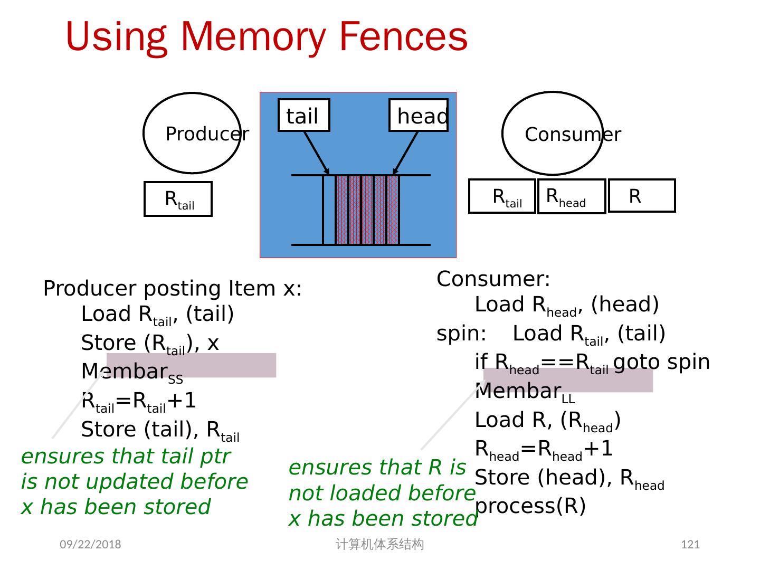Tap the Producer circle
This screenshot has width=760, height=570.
click(x=192, y=133)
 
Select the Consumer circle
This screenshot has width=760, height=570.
click(x=553, y=134)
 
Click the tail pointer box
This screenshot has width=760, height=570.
click(x=303, y=115)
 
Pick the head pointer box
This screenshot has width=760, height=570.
click(x=419, y=115)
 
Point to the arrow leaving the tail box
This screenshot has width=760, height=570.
click(x=316, y=153)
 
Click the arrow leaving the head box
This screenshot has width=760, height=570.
click(x=405, y=153)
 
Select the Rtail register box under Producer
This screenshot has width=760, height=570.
click(x=178, y=199)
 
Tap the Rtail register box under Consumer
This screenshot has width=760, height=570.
click(x=502, y=196)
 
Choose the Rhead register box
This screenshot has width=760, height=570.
click(x=571, y=196)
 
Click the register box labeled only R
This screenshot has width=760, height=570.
click(x=641, y=196)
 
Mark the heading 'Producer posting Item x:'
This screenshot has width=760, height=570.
click(x=172, y=288)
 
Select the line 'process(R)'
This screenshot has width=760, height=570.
click(x=530, y=506)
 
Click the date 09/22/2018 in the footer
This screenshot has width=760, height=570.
click(x=90, y=544)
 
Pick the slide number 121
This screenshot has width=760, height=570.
click(x=690, y=544)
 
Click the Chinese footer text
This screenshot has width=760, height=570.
click(x=379, y=544)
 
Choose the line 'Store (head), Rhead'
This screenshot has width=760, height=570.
click(x=569, y=478)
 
